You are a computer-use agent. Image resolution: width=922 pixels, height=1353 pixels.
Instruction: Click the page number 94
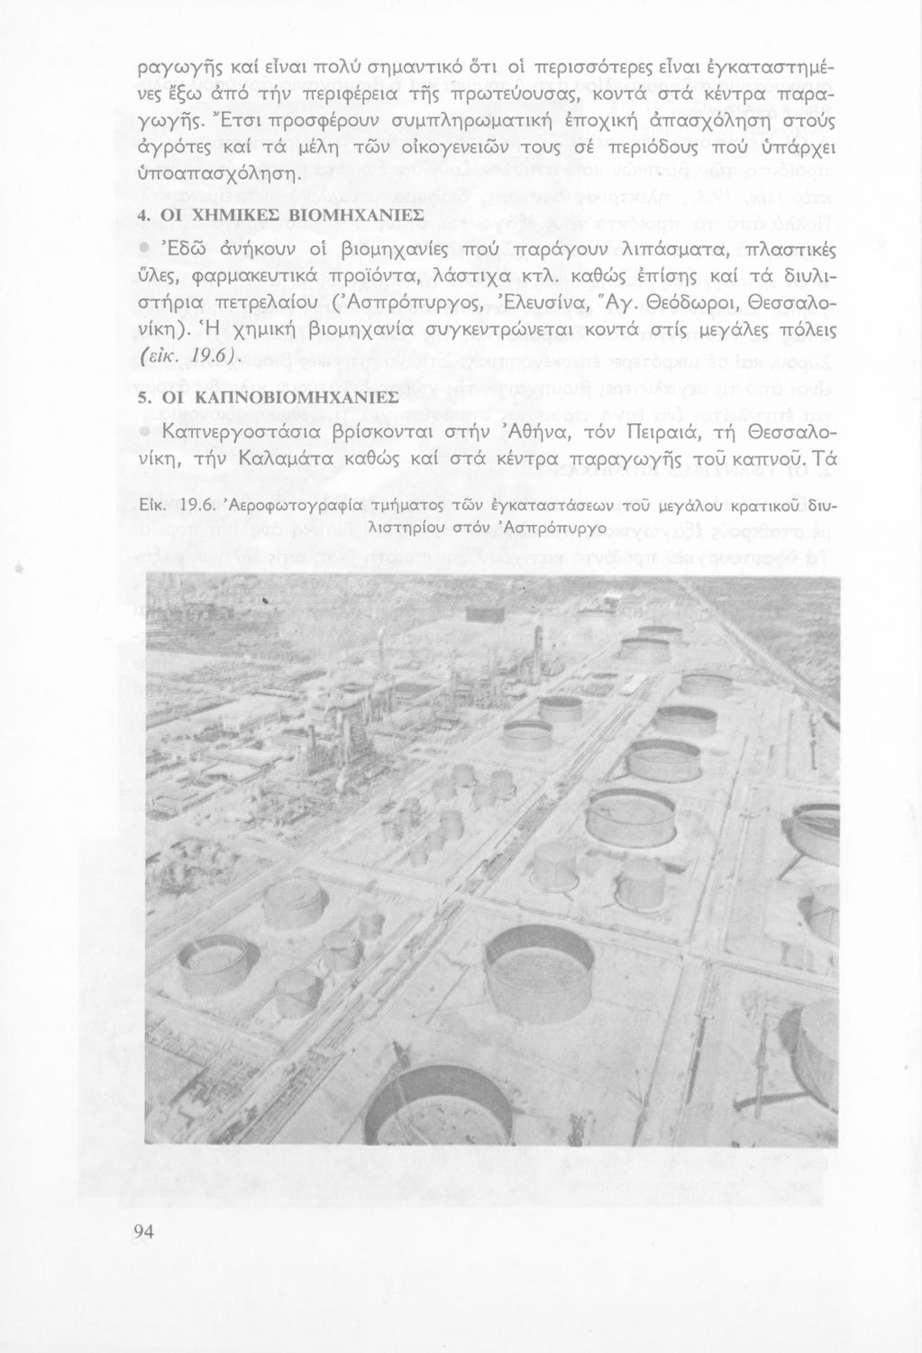[x=145, y=1232]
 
